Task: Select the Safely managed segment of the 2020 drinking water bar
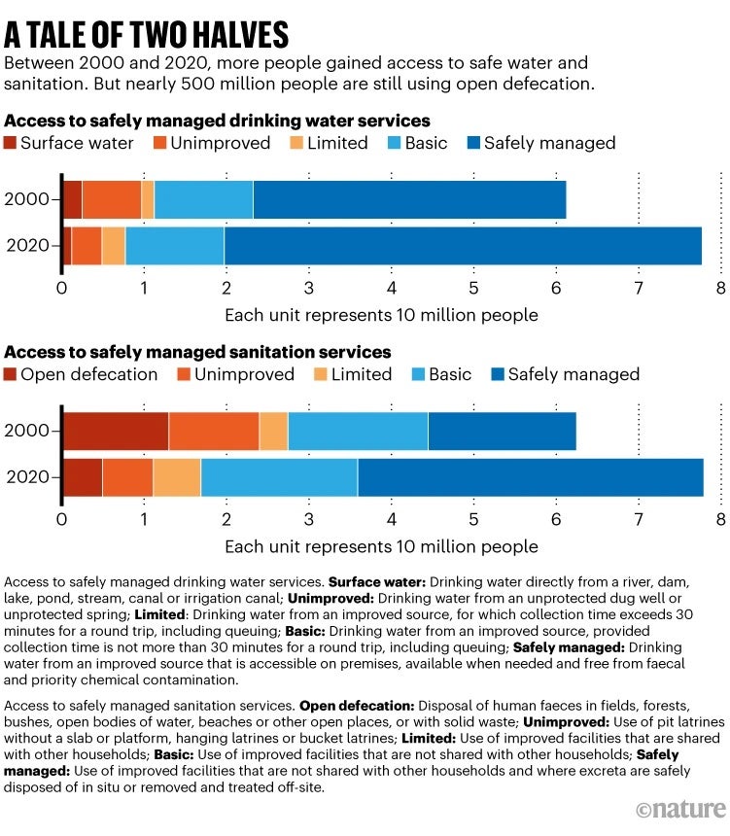click(x=463, y=245)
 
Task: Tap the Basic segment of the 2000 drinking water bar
click(x=203, y=199)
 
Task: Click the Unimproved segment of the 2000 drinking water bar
click(x=112, y=199)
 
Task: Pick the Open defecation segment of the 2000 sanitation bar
click(x=116, y=431)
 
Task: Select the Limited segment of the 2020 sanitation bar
click(x=177, y=476)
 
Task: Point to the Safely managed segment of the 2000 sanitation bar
click(x=502, y=431)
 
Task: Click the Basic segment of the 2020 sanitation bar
click(x=279, y=476)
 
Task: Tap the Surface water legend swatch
click(x=11, y=143)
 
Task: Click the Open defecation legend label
click(x=88, y=374)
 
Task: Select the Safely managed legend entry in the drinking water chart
click(x=540, y=143)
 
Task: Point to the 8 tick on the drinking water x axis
click(x=720, y=288)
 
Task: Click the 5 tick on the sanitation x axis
click(x=473, y=519)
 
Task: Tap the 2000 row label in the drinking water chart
click(x=26, y=199)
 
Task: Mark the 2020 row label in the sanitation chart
click(x=26, y=476)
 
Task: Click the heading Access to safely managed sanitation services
click(x=197, y=352)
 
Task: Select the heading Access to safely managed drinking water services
click(x=217, y=121)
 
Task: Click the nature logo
click(x=680, y=809)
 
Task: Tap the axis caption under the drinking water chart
click(x=381, y=315)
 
